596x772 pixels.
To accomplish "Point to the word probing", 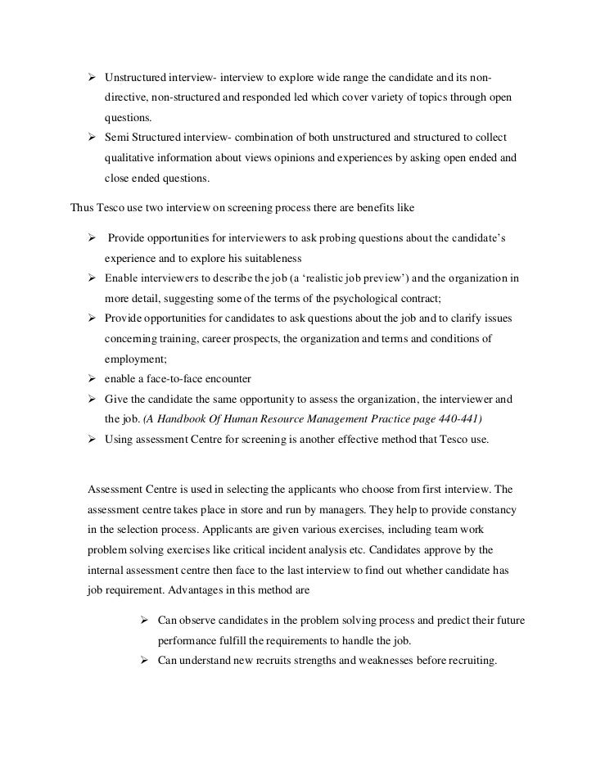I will tap(336, 237).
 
